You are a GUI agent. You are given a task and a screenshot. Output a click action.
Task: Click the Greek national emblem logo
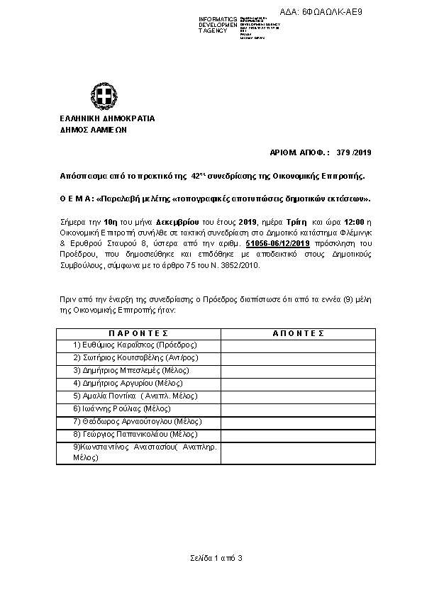pyautogui.click(x=99, y=96)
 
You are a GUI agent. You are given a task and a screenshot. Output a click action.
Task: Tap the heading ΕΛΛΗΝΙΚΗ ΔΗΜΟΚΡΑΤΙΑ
pyautogui.click(x=98, y=118)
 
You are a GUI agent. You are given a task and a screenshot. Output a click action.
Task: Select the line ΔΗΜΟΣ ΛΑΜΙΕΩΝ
pyautogui.click(x=86, y=130)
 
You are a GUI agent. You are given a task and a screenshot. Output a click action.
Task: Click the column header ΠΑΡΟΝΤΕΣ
pyautogui.click(x=138, y=333)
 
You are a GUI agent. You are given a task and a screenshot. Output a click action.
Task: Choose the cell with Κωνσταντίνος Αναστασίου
pyautogui.click(x=138, y=453)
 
